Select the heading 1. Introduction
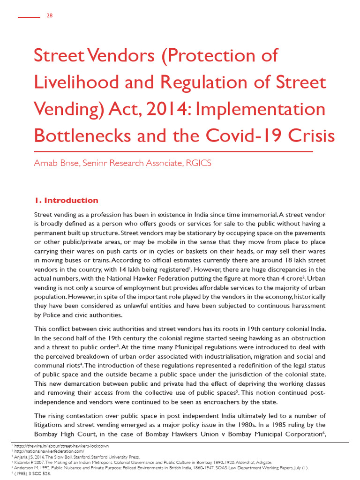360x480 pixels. click(66, 201)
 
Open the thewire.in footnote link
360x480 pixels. click(61, 446)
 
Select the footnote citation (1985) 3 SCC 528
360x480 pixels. click(28, 473)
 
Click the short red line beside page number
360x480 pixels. click(29, 17)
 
